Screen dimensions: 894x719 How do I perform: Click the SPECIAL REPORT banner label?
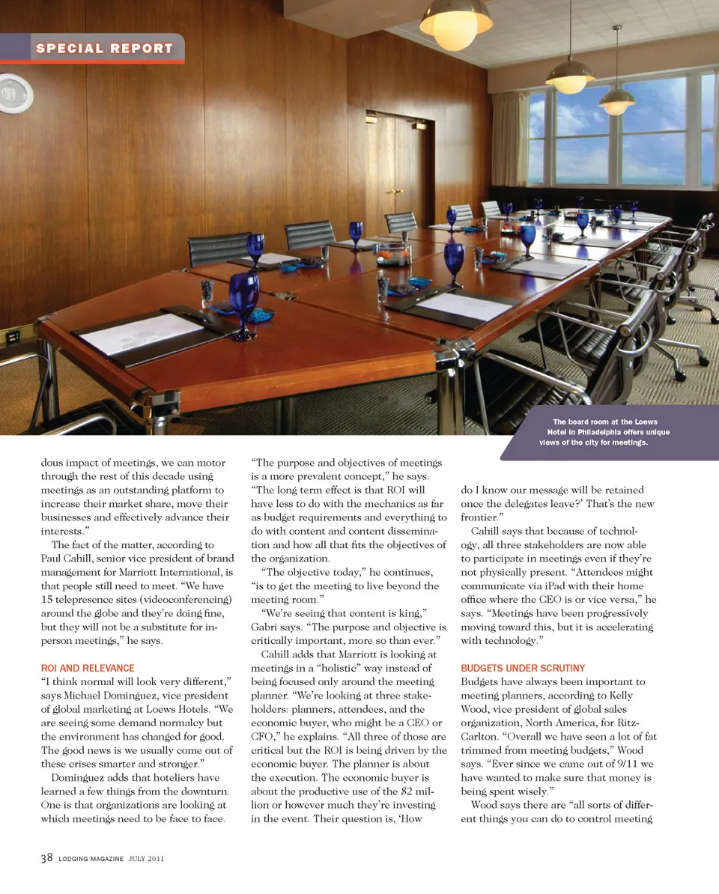(104, 49)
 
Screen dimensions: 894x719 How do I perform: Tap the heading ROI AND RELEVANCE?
(88, 668)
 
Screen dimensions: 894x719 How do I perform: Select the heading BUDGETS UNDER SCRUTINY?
(523, 668)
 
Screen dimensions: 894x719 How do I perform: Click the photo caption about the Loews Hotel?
(604, 432)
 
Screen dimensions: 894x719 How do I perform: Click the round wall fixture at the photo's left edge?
(13, 93)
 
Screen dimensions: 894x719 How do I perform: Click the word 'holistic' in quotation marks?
(357, 668)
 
